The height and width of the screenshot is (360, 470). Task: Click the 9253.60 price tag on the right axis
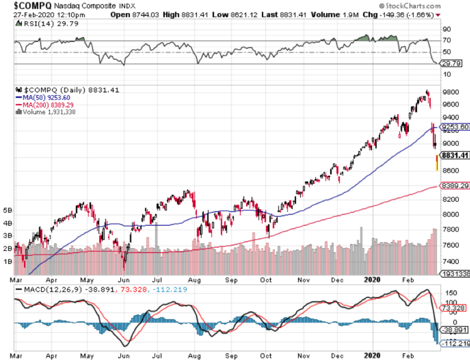454,127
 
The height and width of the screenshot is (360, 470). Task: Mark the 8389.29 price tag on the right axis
454,186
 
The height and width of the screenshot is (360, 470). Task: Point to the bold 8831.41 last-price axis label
454,155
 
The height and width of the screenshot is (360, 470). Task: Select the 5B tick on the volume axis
7,211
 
